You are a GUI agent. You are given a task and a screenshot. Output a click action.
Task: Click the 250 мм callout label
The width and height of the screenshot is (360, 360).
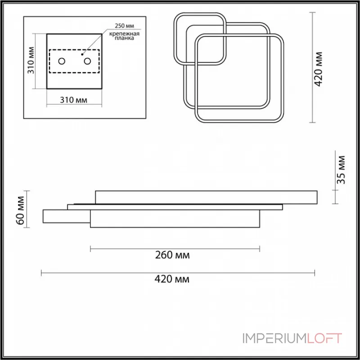click(124, 26)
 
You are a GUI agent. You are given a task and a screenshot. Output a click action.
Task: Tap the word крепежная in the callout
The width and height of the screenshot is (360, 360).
click(124, 34)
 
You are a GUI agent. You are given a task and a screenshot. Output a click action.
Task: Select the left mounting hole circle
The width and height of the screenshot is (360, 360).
click(62, 61)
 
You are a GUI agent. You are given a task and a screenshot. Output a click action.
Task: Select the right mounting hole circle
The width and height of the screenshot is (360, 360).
click(87, 61)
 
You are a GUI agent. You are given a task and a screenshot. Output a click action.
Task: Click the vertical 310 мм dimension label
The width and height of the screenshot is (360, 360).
click(31, 60)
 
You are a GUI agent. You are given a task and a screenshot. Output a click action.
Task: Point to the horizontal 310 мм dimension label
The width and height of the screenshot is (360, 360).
click(73, 100)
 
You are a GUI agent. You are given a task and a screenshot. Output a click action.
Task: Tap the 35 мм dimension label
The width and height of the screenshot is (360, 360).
click(341, 170)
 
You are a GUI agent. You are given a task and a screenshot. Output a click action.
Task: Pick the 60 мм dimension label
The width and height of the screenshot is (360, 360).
click(20, 211)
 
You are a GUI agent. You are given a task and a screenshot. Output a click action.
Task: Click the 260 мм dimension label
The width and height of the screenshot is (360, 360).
click(172, 255)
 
